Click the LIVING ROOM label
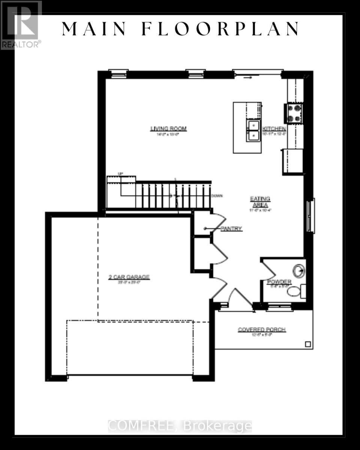coord(168,129)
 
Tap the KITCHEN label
coord(274,129)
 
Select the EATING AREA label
coord(260,202)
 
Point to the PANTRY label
coord(231,229)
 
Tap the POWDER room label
coord(279,282)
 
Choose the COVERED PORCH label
coord(262,330)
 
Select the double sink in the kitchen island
coord(253,130)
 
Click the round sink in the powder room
coord(299,270)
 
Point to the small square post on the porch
coord(308,344)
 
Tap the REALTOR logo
coord(20,25)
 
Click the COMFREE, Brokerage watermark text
coord(180,426)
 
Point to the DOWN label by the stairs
coord(217,196)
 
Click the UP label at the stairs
coord(120,173)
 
